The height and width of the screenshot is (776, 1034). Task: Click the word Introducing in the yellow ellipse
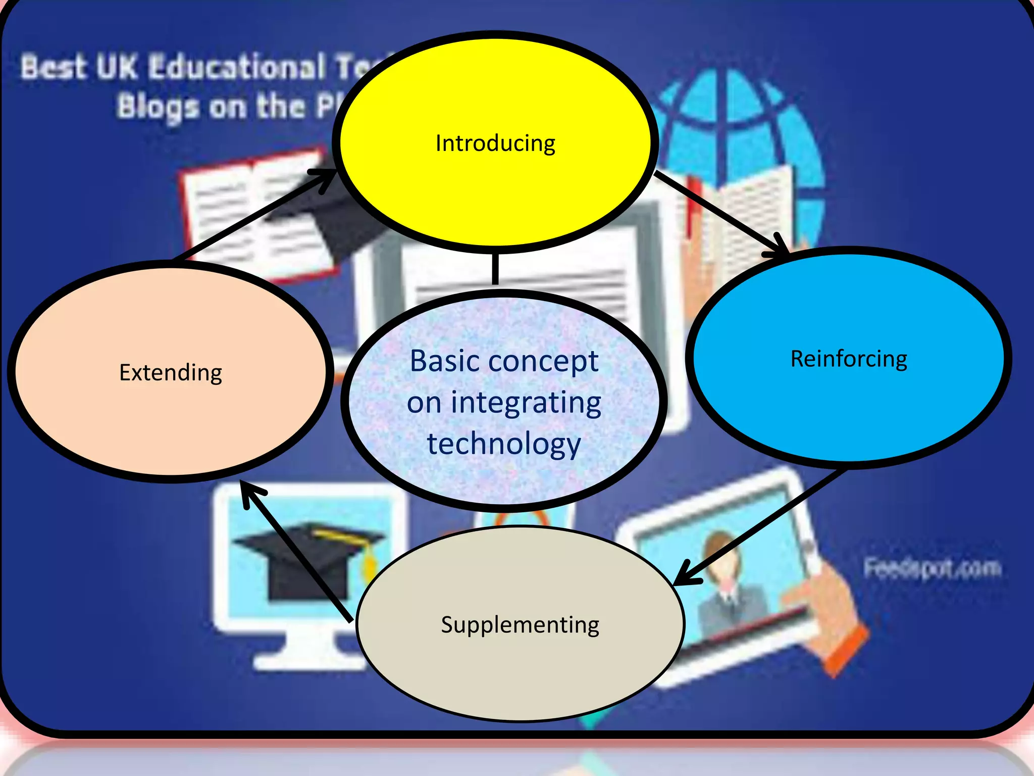[x=495, y=143]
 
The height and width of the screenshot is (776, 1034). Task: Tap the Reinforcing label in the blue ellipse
[x=849, y=359]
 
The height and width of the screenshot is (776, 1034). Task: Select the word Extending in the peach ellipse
[x=171, y=373]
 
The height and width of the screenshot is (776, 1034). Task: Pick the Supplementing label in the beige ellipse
[x=520, y=625]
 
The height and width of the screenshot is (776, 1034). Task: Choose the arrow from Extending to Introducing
[x=252, y=215]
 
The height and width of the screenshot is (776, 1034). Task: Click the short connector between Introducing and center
[x=495, y=269]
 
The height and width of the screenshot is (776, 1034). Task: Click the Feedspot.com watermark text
[x=932, y=568]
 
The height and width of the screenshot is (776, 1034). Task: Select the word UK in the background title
[x=116, y=67]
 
